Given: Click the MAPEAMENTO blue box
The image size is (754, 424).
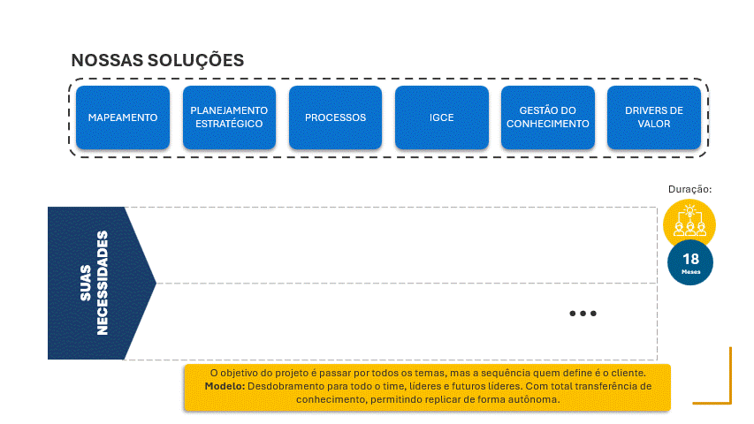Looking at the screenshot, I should [122, 117].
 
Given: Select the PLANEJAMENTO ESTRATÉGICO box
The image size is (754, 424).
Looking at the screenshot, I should [229, 117].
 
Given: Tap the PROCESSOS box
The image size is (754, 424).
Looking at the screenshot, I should [335, 117].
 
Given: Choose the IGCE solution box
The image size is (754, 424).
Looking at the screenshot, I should [441, 117].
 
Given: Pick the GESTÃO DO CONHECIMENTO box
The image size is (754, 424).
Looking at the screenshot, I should [547, 117].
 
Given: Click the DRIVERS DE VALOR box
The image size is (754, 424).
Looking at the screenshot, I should [653, 117].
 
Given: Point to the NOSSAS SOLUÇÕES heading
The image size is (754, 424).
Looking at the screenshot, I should [157, 60].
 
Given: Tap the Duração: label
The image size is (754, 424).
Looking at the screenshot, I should [690, 188].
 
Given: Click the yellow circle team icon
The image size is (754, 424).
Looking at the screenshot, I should [689, 223].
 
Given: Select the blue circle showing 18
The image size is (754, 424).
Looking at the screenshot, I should [690, 262].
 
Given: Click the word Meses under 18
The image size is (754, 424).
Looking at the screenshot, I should [690, 273].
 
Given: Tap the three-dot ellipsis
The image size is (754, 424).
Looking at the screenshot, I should [583, 314].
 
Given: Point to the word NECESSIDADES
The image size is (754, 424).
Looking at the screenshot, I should [103, 283].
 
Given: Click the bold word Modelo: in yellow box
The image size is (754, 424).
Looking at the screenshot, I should [225, 386].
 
